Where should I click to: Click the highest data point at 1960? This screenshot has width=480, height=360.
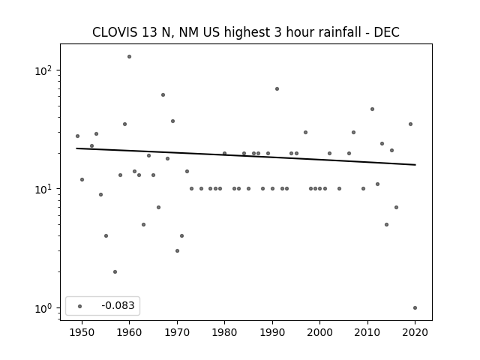[130, 57]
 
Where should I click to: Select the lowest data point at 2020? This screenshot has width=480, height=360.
[415, 308]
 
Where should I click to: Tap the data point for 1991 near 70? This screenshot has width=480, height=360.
[277, 88]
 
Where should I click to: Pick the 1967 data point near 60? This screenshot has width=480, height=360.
[163, 95]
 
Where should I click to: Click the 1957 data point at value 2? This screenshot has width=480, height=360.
[115, 271]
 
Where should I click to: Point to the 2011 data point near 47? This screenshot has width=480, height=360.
[372, 109]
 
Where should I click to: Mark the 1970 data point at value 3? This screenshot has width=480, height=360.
[177, 251]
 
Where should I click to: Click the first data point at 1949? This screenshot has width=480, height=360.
[77, 136]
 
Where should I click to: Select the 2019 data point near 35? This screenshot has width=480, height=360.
[410, 124]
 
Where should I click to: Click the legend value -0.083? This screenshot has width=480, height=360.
[118, 305]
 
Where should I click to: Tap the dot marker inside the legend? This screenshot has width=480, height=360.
[80, 306]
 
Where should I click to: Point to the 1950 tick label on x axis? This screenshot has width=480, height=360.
[82, 332]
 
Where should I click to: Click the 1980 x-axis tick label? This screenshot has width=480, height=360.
[225, 332]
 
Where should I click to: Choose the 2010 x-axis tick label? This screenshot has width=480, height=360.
[367, 332]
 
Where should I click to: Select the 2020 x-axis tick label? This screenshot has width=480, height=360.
[415, 332]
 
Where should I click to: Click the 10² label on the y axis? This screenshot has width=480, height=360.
[43, 70]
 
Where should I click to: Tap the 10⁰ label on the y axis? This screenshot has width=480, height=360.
[43, 308]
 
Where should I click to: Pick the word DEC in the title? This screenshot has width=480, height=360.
[387, 32]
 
